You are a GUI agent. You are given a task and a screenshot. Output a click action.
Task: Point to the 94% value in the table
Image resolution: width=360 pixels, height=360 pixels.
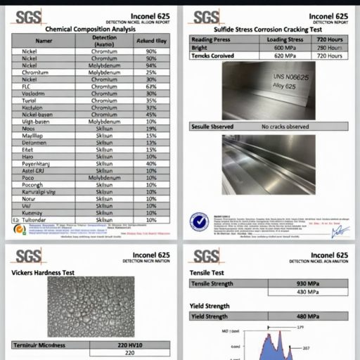[150, 65]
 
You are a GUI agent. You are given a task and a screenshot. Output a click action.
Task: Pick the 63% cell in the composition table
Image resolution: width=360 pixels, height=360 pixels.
[150, 86]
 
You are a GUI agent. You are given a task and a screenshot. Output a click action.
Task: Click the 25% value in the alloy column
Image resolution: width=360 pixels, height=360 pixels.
[150, 72]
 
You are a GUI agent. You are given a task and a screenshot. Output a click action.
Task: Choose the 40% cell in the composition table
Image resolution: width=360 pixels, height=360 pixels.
[150, 163]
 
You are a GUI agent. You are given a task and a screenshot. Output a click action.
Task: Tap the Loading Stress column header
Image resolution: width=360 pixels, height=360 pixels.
[285, 39]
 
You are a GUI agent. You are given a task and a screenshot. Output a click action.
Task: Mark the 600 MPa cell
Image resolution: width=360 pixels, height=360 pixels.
[285, 47]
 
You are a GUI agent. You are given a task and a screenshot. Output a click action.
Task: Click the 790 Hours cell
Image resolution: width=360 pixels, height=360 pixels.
[328, 47]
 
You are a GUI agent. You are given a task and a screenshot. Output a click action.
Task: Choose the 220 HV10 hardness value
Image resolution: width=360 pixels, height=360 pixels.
[129, 345]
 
